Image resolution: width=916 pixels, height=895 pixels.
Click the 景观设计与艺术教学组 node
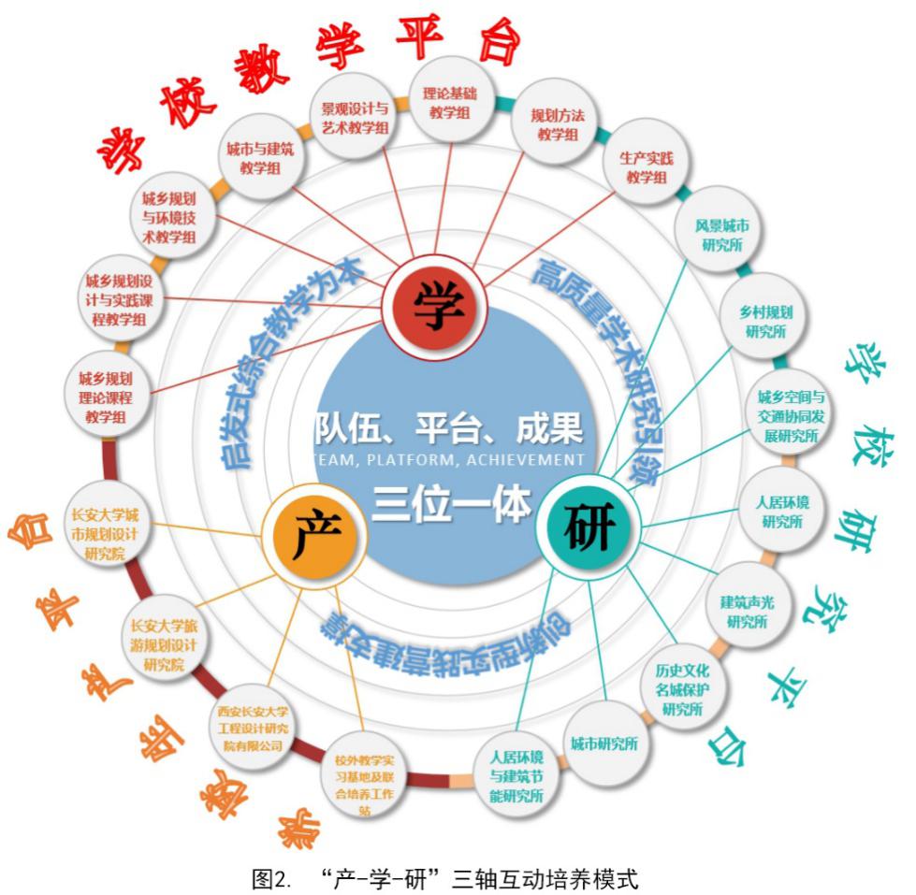[x=354, y=119]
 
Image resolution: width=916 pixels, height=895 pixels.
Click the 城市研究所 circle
[x=604, y=744]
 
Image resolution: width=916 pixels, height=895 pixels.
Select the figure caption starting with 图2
[x=457, y=877]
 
